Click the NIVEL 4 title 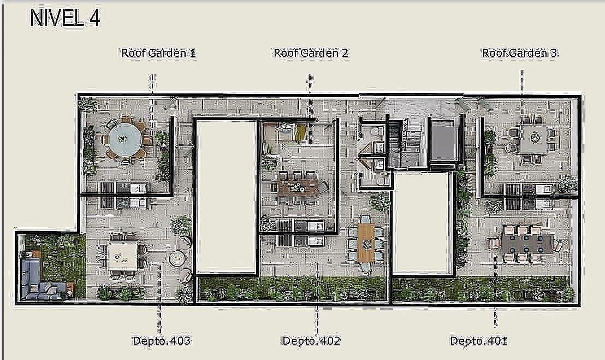click(65, 18)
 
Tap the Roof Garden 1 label click(158, 53)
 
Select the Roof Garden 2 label click(311, 53)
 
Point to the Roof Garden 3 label click(519, 53)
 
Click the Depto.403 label click(162, 341)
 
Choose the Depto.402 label click(311, 341)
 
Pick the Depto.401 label click(478, 341)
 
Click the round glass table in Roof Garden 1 click(125, 139)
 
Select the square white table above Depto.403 click(123, 256)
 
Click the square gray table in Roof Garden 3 click(533, 139)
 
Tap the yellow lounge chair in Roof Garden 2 click(300, 133)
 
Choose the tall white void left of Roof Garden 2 click(226, 197)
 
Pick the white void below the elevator click(423, 223)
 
